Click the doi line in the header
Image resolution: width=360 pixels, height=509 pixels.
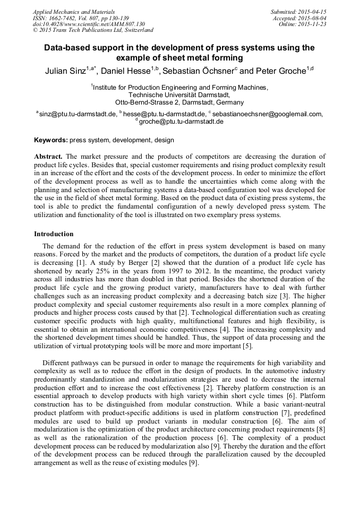(x=89, y=24)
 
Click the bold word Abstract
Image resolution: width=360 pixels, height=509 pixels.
(x=48, y=157)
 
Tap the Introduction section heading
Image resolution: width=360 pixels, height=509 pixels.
(x=54, y=234)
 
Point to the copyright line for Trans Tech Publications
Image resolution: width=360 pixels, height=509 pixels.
(x=93, y=31)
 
